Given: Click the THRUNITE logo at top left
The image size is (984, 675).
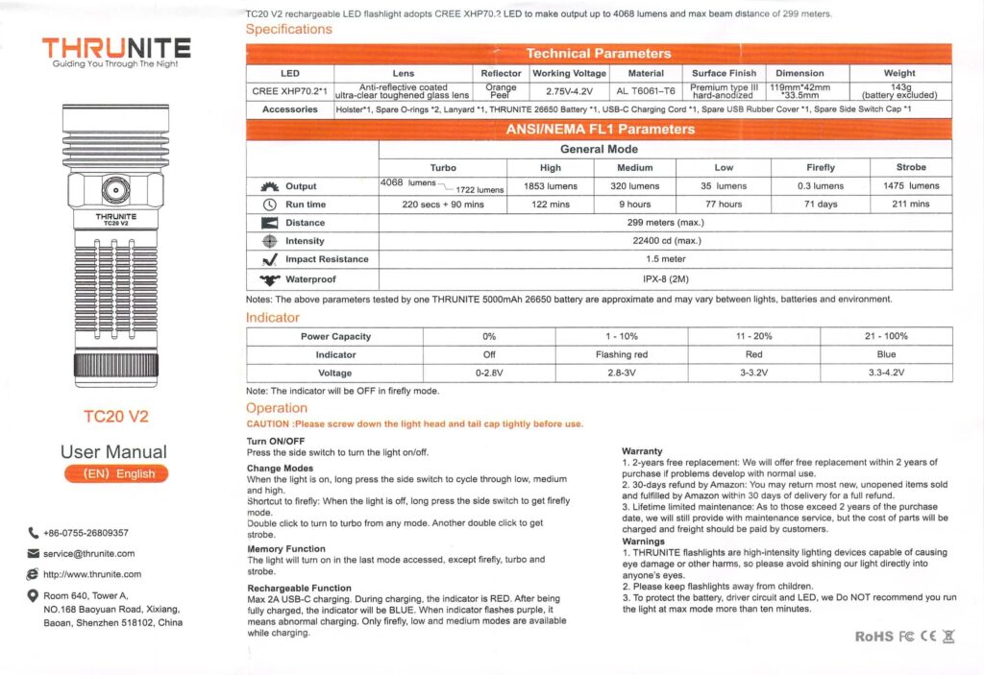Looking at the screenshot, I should point(115,47).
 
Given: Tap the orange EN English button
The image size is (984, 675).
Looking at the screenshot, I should point(115,473).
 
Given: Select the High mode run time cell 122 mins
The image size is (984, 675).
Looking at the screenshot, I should point(551,205).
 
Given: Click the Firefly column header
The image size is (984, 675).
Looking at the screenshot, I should point(821,167).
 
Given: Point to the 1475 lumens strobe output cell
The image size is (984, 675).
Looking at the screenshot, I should point(911,186).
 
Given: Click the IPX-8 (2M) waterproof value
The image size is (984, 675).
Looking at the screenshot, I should point(665,279).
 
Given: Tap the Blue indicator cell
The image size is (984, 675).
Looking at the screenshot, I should point(886,354).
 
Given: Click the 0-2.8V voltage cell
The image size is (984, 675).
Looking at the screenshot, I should point(489,373).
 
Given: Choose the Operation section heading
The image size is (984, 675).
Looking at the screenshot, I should point(277,408).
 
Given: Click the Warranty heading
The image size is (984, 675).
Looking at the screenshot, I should point(642,451).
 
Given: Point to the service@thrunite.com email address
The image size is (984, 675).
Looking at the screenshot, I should point(89,553).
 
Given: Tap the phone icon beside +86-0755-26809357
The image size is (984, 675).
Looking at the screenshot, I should point(34,533).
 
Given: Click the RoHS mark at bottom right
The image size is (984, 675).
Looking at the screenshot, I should point(873,637).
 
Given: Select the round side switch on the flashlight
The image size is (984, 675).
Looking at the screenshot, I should point(115,191).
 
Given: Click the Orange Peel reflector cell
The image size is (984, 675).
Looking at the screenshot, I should point(501,91).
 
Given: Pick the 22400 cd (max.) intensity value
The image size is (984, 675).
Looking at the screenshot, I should point(665,241).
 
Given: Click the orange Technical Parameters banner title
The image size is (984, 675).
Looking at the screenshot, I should point(598,54).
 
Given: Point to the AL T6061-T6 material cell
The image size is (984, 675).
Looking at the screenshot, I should point(646,91).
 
